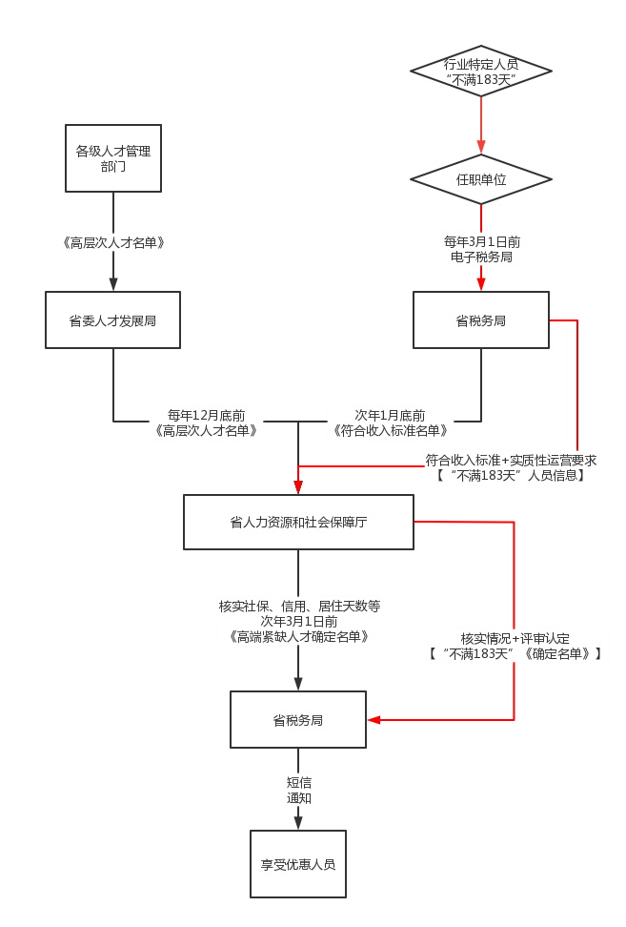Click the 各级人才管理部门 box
click(112, 158)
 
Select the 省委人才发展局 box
click(112, 320)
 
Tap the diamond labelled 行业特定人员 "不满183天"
click(481, 72)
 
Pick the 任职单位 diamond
click(481, 179)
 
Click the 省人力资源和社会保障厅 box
click(298, 522)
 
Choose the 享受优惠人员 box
click(298, 864)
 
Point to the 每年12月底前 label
click(207, 415)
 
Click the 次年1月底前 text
click(391, 415)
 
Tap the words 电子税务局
click(481, 257)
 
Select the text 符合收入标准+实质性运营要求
click(511, 460)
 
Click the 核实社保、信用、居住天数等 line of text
click(299, 606)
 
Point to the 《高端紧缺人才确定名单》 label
click(299, 636)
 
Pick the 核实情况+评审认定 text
click(515, 638)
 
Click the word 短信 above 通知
click(299, 782)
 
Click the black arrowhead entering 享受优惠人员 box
click(298, 820)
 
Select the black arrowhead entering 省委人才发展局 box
click(113, 283)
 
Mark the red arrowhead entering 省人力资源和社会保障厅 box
click(298, 486)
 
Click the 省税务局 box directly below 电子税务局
click(481, 320)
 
